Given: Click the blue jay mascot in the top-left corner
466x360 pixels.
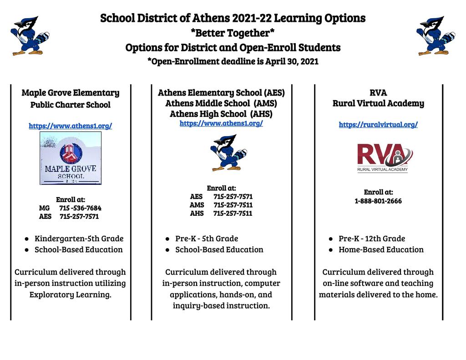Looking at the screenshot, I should tap(30, 36).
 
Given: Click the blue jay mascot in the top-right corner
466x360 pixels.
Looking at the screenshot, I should tap(435, 36).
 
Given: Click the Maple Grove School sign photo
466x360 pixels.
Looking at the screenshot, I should tap(71, 158).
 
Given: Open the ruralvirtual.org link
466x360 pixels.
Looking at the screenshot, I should tap(378, 125).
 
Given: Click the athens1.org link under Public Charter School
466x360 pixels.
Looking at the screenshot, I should tap(71, 126).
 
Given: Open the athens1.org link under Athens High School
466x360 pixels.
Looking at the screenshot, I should tap(221, 123).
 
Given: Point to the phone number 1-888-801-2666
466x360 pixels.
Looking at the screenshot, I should tap(378, 201).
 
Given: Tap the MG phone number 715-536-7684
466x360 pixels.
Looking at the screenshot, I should tap(80, 208).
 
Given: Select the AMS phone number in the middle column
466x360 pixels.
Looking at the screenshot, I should tap(233, 205).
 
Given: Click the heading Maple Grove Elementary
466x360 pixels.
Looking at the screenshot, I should tap(71, 93).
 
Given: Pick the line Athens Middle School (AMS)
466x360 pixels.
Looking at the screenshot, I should tap(221, 103).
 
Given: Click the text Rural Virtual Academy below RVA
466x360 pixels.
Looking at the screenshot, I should tap(378, 103).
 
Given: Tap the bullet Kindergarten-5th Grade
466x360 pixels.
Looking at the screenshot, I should tap(79, 238).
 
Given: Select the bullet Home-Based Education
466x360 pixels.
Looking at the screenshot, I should tap(381, 249).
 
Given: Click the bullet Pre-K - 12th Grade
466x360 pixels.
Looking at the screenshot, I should tap(372, 238).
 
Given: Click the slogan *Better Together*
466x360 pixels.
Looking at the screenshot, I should tap(233, 33).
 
